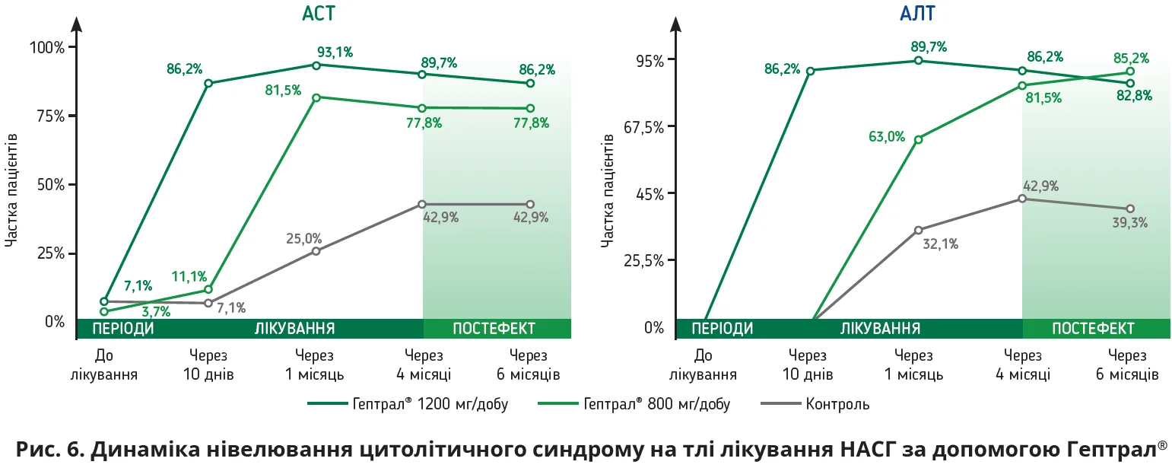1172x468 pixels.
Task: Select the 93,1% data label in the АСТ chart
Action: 335,52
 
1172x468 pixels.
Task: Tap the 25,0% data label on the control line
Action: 303,238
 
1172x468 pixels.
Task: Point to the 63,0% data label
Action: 887,137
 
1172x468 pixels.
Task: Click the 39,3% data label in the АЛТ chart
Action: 1129,223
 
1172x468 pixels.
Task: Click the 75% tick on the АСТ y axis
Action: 46,116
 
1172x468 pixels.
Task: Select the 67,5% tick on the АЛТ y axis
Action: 643,126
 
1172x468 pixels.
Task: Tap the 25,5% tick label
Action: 643,260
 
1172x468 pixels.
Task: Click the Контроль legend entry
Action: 837,404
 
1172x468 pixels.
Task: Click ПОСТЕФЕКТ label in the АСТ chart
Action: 494,329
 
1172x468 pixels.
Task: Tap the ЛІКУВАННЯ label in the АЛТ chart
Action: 880,329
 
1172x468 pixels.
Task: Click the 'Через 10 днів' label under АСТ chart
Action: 208,365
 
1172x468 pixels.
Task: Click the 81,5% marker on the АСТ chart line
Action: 316,97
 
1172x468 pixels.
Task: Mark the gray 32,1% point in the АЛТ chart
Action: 918,230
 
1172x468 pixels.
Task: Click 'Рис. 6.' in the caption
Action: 47,450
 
